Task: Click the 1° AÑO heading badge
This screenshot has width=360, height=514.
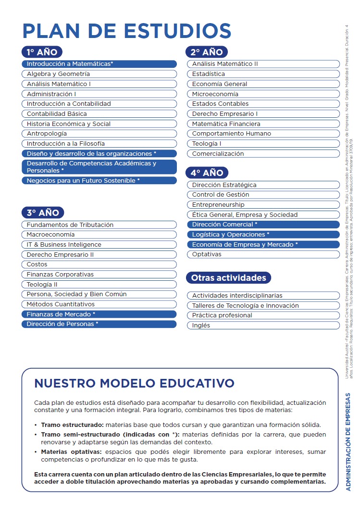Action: pos(42,52)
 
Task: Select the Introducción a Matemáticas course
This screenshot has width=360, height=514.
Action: pos(99,64)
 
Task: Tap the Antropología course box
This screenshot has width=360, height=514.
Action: pos(99,134)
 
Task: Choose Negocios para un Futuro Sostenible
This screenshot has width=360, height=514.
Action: pos(99,181)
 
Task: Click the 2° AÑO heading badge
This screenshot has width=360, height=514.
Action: pos(207,52)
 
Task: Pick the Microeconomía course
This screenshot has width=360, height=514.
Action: pos(263,94)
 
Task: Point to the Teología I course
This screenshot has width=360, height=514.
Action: pos(263,144)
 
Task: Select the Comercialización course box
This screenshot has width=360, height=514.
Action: pos(263,154)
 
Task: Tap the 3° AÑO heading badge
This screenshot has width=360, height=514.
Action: pos(42,213)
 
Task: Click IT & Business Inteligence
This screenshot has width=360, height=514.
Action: pos(99,245)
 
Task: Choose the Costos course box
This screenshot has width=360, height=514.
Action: pos(99,264)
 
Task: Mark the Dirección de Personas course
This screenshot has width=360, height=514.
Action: pos(99,324)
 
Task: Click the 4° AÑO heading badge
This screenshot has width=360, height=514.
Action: pos(207,173)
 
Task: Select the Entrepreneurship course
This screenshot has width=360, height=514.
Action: pos(263,205)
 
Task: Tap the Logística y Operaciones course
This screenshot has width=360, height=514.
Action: pos(263,235)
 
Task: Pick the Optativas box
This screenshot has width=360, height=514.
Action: pos(263,254)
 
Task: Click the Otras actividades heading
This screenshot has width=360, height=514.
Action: pos(229,278)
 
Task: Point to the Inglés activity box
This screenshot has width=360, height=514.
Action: pos(263,326)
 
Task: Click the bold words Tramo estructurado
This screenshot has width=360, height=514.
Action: pos(72,425)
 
